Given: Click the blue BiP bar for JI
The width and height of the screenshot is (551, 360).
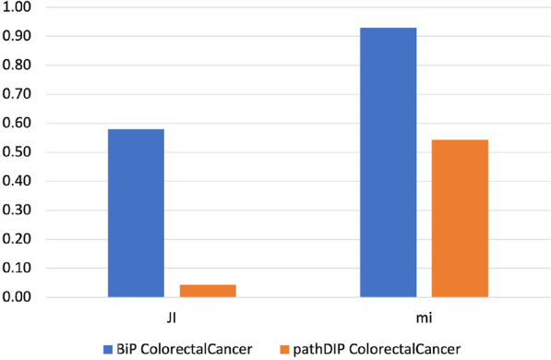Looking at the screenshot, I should point(136,213).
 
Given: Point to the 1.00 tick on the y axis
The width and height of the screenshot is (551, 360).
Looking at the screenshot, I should point(18,7).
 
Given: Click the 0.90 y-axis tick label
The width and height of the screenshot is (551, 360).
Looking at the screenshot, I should point(18,37).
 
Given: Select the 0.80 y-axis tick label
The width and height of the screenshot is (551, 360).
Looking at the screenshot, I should point(18,66).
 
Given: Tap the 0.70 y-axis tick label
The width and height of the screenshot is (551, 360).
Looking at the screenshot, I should point(18,95).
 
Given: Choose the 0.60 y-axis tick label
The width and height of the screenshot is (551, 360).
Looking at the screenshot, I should point(18,124).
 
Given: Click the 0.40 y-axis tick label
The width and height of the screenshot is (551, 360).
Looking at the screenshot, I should point(18,182).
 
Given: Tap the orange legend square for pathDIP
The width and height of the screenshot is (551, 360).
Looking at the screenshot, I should point(286,347).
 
